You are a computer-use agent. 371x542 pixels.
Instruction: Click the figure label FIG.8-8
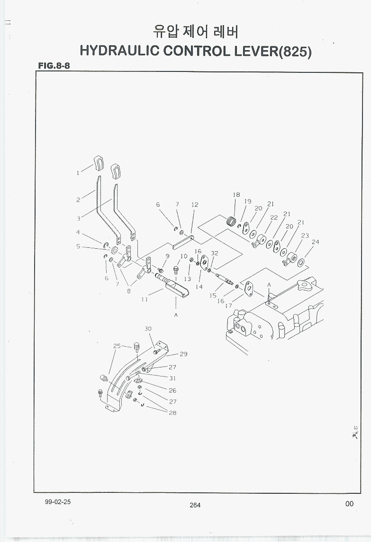click(x=54, y=66)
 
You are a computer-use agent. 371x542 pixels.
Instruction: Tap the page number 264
click(x=195, y=505)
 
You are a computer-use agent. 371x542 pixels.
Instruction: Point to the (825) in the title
click(x=295, y=51)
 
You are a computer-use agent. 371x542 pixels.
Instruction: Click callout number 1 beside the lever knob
click(x=78, y=173)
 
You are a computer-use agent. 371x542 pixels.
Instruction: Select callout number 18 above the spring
click(x=236, y=194)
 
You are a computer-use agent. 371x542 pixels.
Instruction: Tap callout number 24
click(x=315, y=242)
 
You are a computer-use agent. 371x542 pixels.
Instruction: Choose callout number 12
click(x=195, y=205)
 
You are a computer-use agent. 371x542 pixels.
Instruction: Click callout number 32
click(x=214, y=253)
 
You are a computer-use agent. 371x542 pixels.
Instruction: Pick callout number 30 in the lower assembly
click(x=148, y=329)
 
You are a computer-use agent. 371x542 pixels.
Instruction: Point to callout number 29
click(x=183, y=354)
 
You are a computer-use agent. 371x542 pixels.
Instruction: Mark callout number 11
click(x=144, y=299)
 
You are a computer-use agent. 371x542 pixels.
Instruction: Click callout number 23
click(x=305, y=235)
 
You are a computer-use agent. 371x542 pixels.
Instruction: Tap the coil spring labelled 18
click(x=232, y=220)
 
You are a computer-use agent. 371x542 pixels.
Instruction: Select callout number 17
click(x=228, y=306)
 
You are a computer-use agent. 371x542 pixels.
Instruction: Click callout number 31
click(x=172, y=378)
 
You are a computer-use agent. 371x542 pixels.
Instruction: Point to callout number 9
click(x=168, y=256)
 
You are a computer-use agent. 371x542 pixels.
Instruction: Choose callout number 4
click(x=78, y=232)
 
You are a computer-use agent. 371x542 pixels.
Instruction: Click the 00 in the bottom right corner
click(x=349, y=504)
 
